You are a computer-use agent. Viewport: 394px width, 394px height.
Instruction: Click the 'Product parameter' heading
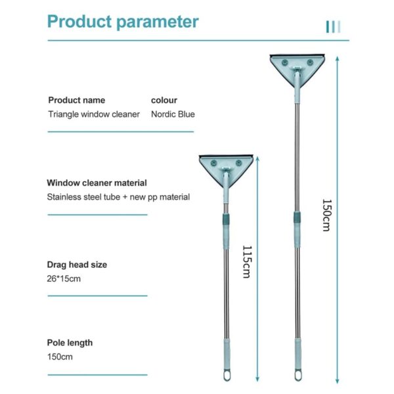(123, 22)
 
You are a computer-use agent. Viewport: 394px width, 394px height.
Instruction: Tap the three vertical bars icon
(333, 27)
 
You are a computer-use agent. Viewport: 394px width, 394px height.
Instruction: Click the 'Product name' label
(77, 100)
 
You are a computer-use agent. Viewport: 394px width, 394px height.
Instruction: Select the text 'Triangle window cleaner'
(94, 114)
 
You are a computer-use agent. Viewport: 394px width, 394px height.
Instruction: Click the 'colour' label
(164, 100)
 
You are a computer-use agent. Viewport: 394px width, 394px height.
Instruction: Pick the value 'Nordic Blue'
(173, 114)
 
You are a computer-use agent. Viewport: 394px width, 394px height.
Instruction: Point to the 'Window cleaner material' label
(97, 183)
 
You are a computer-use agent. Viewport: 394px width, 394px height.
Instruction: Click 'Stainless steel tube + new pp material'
(118, 197)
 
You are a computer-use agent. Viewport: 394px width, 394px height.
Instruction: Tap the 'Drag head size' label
(77, 265)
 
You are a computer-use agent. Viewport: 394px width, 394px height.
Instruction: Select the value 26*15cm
(64, 279)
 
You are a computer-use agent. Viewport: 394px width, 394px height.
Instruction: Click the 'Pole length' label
(70, 343)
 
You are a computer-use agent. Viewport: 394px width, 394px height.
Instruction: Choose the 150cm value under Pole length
(60, 357)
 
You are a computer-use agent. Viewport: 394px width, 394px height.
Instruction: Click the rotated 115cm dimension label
(247, 262)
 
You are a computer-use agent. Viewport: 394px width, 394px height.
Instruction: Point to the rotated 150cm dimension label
(327, 215)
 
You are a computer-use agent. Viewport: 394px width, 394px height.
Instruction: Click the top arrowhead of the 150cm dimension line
(338, 59)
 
